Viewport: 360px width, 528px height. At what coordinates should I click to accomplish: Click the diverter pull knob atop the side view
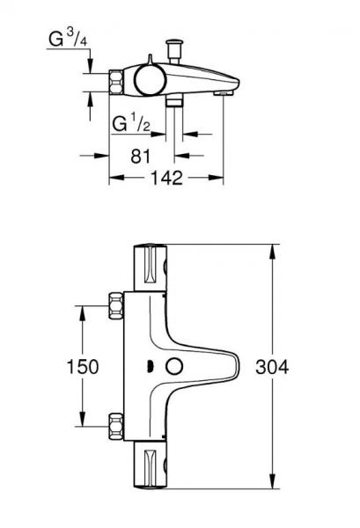point(173,47)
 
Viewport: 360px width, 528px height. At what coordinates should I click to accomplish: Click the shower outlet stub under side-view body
point(174,104)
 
